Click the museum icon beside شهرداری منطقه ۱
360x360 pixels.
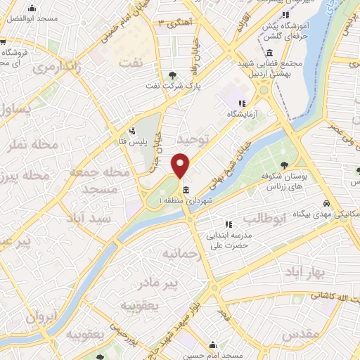pos(185,190)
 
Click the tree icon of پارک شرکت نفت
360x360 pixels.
pos(173,76)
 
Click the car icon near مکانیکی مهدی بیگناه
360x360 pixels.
pos(326,203)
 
